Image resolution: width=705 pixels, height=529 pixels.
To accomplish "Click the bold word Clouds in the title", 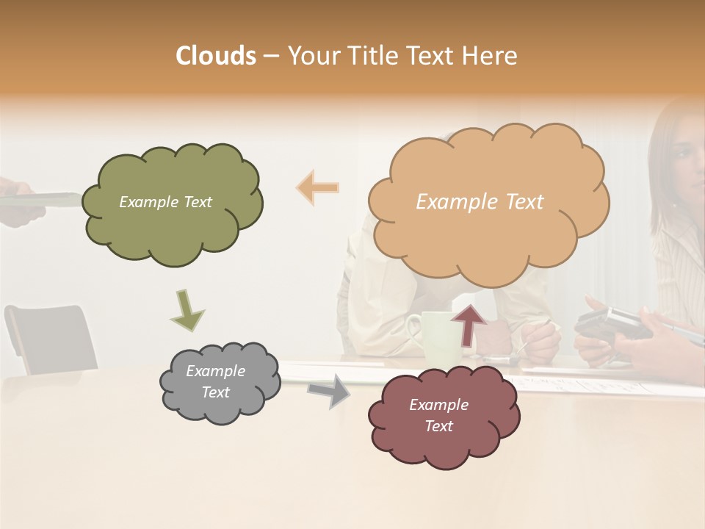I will tap(216, 55).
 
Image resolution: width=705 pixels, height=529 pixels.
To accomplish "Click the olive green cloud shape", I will tap(173, 235).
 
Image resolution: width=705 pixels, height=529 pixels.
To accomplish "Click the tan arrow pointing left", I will tap(317, 188).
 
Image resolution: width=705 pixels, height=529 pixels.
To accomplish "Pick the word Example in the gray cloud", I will tap(215, 371).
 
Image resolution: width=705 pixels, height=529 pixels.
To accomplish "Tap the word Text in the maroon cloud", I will tap(438, 426).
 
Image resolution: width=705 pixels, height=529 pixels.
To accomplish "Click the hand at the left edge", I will tap(18, 206).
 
